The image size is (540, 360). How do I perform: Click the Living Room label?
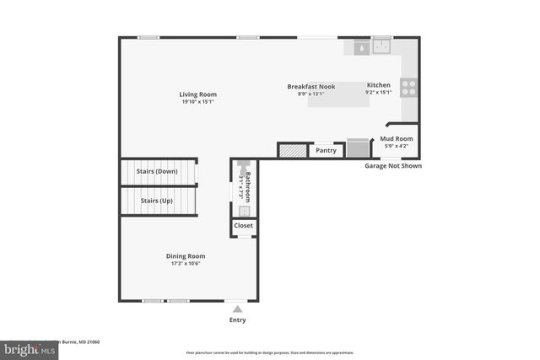click(x=197, y=94)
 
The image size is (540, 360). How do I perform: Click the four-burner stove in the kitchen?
click(x=408, y=85)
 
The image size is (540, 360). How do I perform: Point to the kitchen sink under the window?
click(x=382, y=47)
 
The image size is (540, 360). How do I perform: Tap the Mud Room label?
click(x=396, y=137)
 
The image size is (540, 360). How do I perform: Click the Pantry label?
click(x=327, y=151)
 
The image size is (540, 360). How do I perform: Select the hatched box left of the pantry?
click(x=291, y=151)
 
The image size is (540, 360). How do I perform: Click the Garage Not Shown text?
click(x=392, y=166)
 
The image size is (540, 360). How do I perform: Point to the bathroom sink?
click(x=242, y=211)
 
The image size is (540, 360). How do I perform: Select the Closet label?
click(x=243, y=226)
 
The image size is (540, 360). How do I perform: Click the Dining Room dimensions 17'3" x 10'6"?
click(x=185, y=263)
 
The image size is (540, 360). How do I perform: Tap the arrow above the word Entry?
click(x=237, y=309)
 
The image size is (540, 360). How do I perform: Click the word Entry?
click(x=238, y=320)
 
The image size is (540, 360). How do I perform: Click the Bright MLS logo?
click(x=25, y=347)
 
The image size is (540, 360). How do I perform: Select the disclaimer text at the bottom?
click(x=270, y=352)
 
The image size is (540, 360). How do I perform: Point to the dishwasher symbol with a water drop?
click(x=361, y=48)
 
